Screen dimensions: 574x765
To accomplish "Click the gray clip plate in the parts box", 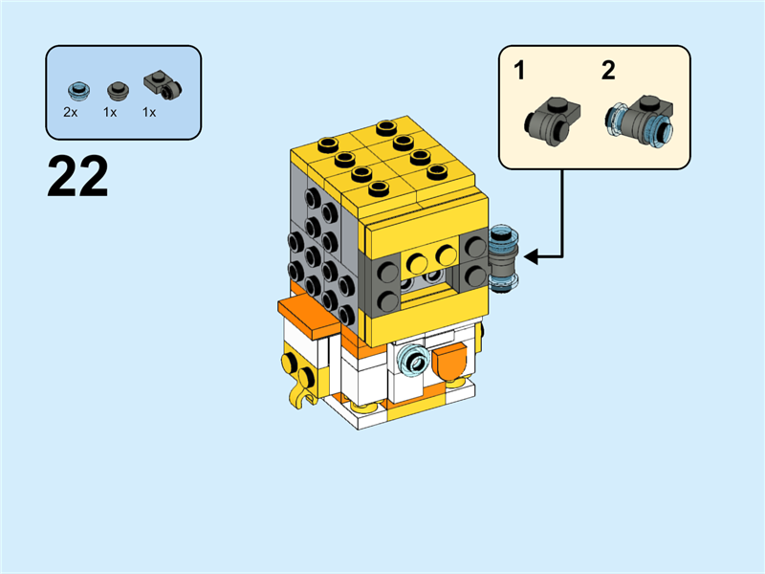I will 163,86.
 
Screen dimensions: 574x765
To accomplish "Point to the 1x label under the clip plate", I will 149,112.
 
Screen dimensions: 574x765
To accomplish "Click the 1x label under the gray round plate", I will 110,112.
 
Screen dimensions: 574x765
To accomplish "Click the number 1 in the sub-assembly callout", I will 519,71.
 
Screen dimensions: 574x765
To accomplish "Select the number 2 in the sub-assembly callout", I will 608,71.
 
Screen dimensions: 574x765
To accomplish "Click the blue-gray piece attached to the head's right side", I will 502,256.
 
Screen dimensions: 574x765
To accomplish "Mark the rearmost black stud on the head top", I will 386,126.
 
